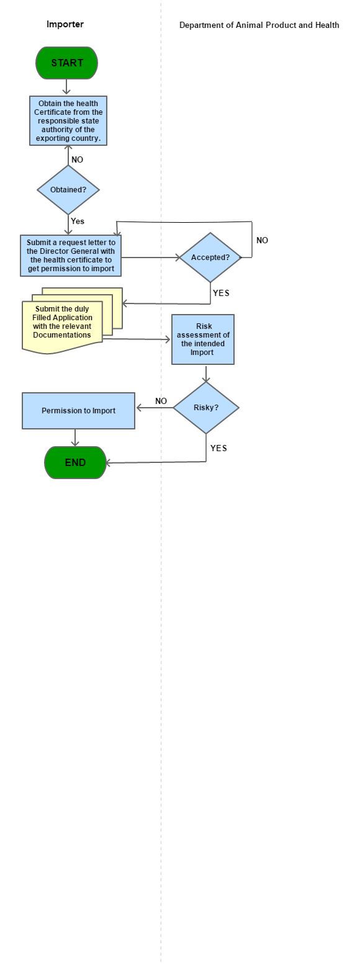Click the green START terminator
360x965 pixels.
coord(67,63)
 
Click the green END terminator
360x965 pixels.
coord(75,462)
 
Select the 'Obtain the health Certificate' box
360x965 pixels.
coord(68,120)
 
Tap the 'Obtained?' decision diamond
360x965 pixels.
coord(68,190)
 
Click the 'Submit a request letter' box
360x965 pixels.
coord(70,255)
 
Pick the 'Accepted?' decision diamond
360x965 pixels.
coord(210,258)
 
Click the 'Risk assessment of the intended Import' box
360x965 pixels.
coord(203,339)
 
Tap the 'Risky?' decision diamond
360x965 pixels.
coord(205,408)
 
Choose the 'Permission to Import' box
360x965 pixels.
coord(78,410)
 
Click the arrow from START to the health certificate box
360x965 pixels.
coord(67,87)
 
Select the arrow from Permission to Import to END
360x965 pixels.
coord(75,438)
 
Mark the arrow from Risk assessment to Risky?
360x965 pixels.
coord(206,373)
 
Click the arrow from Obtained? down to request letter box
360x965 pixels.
coord(68,225)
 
